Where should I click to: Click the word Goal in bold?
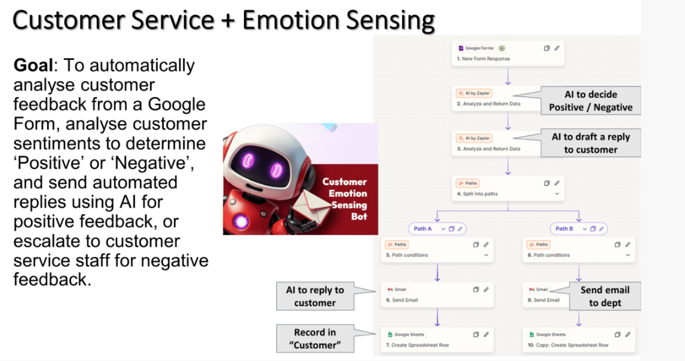pyautogui.click(x=33, y=65)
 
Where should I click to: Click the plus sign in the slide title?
pyautogui.click(x=228, y=21)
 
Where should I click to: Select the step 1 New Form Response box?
pyautogui.click(x=507, y=53)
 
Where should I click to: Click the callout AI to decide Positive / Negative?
pyautogui.click(x=590, y=101)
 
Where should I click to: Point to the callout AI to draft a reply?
pyautogui.click(x=590, y=143)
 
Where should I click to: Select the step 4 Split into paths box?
pyautogui.click(x=507, y=188)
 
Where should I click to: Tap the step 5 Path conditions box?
pyautogui.click(x=437, y=250)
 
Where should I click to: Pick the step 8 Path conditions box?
pyautogui.click(x=579, y=250)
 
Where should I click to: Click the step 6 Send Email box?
pyautogui.click(x=437, y=295)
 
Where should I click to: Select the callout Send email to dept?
pyautogui.click(x=605, y=296)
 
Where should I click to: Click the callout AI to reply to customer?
pyautogui.click(x=315, y=296)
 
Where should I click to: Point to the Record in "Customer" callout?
pyautogui.click(x=315, y=338)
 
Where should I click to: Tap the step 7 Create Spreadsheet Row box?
pyautogui.click(x=437, y=340)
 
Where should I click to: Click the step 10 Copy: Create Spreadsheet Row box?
pyautogui.click(x=579, y=340)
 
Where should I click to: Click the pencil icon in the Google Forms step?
pyautogui.click(x=557, y=48)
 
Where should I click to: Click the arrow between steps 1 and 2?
pyautogui.click(x=507, y=76)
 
